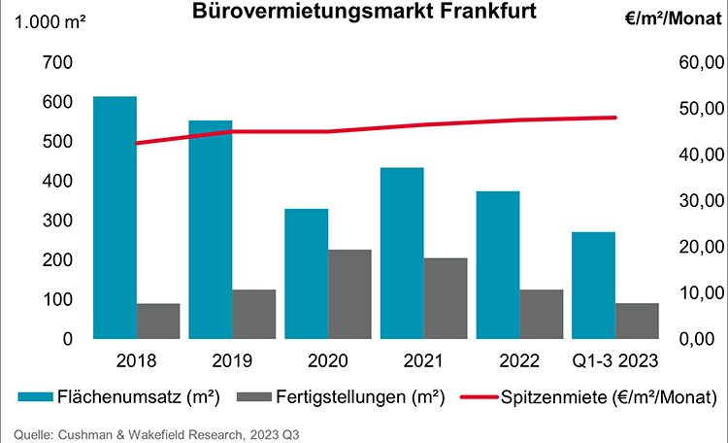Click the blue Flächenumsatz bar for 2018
[115, 218]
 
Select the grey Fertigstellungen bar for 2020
[349, 294]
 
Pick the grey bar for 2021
[445, 298]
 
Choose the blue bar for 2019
[211, 229]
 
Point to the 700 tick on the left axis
[58, 62]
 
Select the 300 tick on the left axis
[58, 221]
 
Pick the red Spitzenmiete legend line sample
[473, 397]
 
